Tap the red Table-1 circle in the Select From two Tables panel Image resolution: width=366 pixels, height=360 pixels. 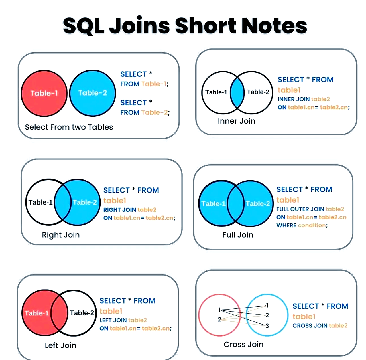44,93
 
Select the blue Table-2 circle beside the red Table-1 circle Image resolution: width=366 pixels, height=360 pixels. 92,93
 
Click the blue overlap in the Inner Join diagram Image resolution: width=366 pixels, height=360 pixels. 237,92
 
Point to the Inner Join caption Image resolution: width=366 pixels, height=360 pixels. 237,121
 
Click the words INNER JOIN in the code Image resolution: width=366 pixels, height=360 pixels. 293,99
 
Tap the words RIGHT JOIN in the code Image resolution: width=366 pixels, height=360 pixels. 120,210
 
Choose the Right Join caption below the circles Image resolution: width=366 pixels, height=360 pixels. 61,235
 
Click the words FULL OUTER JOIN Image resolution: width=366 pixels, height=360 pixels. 300,209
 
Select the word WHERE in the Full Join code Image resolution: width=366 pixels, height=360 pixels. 286,225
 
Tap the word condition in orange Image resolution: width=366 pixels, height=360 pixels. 312,225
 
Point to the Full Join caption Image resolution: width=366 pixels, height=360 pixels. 238,235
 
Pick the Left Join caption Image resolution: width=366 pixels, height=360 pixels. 61,345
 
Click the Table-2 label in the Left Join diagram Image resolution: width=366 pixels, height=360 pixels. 82,313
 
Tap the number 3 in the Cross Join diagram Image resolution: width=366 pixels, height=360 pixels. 267,326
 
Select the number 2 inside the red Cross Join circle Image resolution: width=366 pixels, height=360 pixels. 219,319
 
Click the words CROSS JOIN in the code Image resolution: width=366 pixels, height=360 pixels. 310,326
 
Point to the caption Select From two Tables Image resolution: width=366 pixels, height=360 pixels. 69,127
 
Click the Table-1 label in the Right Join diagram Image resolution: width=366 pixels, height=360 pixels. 40,202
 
